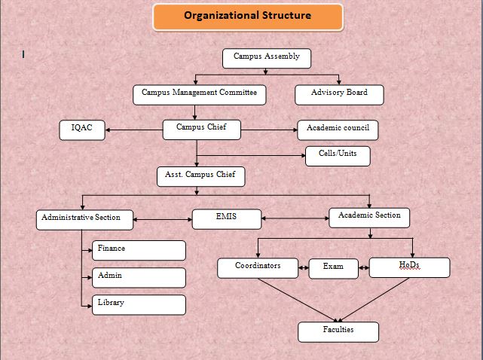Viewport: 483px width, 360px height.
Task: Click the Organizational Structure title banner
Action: click(247, 17)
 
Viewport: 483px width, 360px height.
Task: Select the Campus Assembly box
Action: click(267, 58)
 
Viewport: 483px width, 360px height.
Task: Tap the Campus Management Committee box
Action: click(200, 94)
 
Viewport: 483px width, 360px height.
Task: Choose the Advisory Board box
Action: click(339, 94)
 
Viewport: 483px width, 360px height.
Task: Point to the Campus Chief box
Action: click(201, 130)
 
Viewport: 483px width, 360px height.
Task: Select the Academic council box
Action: click(337, 130)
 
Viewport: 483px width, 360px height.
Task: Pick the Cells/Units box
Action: click(338, 156)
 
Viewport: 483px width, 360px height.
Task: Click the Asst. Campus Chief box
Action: click(200, 176)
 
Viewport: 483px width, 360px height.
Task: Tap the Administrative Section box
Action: click(86, 219)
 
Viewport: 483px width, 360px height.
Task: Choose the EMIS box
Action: click(227, 218)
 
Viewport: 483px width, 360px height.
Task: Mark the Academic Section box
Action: click(369, 217)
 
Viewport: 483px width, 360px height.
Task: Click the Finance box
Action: click(139, 250)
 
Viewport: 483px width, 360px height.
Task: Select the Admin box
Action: click(139, 277)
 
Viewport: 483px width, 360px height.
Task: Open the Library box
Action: click(139, 304)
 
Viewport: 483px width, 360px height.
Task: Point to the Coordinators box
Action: click(258, 267)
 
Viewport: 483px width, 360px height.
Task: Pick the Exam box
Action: click(333, 268)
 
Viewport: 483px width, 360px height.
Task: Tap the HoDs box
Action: click(409, 267)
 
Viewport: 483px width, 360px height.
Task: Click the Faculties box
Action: click(338, 331)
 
